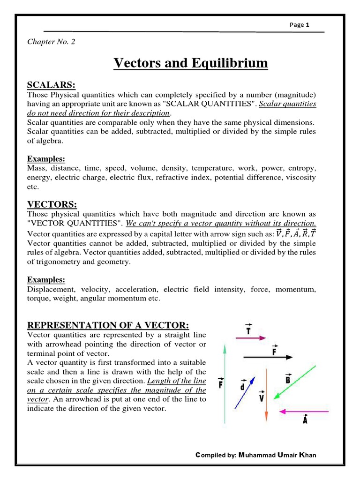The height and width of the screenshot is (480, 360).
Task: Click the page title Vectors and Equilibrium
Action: [191, 63]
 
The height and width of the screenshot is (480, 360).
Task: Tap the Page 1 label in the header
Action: [299, 25]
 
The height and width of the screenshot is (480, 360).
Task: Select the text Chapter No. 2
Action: [51, 42]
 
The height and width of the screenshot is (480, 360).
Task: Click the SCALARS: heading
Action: [52, 84]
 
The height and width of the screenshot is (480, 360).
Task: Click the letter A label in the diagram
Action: [305, 420]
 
